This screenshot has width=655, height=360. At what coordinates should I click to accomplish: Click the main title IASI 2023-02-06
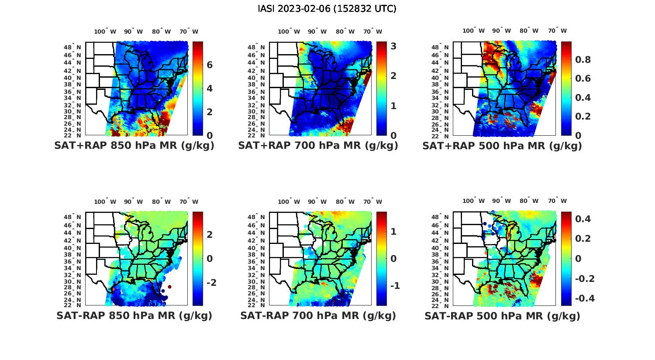[327, 9]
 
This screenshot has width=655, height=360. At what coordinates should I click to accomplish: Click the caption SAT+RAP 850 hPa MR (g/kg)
[134, 146]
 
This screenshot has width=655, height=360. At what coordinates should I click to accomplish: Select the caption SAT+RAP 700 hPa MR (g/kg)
[318, 146]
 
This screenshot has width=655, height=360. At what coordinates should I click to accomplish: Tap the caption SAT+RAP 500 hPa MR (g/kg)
[502, 146]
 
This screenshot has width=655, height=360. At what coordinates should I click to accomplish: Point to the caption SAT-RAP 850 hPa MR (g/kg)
[134, 315]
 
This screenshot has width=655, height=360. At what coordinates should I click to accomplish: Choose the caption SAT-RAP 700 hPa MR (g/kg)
[318, 315]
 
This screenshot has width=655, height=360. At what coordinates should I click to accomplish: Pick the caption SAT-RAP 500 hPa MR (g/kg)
[502, 315]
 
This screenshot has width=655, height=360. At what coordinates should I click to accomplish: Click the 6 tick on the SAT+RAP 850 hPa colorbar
[210, 65]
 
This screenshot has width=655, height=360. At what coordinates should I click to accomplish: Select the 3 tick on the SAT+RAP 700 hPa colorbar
[393, 46]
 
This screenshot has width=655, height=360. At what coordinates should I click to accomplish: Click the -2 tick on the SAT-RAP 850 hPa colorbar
[211, 283]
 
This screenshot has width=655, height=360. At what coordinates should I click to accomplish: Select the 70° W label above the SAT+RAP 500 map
[557, 31]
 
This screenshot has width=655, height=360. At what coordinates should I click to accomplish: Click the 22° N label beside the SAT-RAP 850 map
[76, 305]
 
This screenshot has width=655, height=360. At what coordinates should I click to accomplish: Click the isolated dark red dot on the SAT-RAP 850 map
[169, 287]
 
